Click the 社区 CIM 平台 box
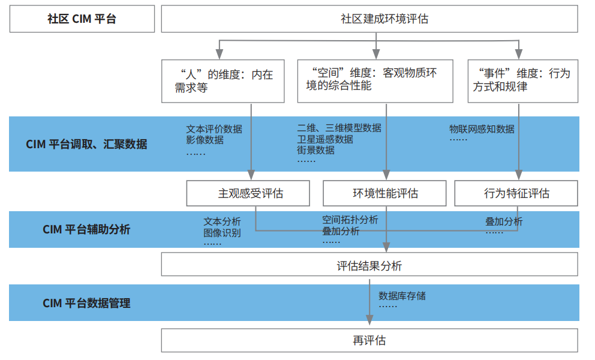[82, 19]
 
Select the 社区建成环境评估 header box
[369, 19]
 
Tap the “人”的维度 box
[223, 81]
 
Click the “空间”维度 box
[375, 81]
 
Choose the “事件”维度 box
[523, 81]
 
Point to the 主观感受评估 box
[248, 193]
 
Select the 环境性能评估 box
[384, 193]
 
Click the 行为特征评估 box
[516, 193]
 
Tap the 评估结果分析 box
[369, 265]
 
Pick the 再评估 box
[369, 340]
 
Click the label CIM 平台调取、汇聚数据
[86, 145]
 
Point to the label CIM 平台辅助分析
[86, 229]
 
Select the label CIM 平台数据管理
[86, 303]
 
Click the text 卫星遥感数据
[325, 139]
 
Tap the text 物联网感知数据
[482, 129]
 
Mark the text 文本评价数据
[214, 129]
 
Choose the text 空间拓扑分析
[350, 220]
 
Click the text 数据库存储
[402, 296]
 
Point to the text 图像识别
[222, 233]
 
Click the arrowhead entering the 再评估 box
[369, 320]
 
